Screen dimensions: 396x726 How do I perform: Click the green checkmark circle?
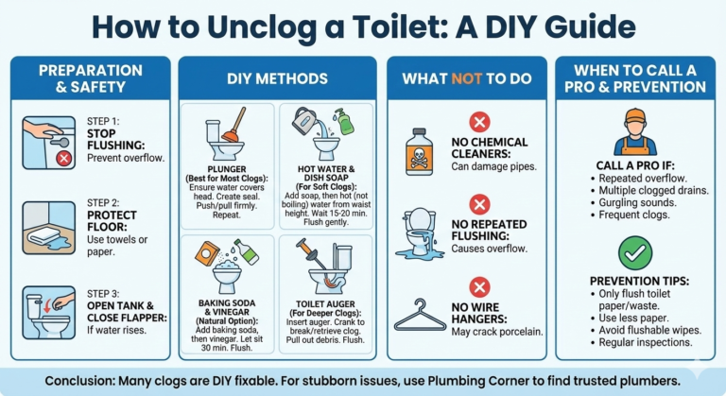(635, 253)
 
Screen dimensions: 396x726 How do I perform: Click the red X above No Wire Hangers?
(480, 286)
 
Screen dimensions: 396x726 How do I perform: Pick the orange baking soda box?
(208, 253)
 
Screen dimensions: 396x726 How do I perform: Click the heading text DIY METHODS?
(277, 78)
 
